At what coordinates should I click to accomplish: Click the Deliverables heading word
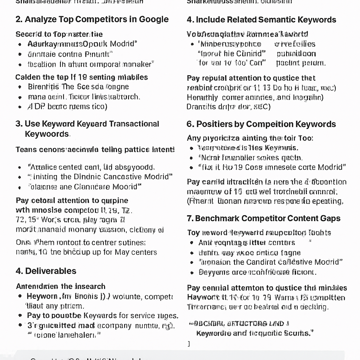coord(51,271)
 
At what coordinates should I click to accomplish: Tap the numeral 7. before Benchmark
coord(190,218)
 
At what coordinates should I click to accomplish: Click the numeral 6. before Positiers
coord(190,124)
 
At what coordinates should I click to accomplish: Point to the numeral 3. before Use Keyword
coord(19,124)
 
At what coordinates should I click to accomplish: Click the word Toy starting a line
coord(193,233)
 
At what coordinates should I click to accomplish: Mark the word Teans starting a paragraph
coord(26,150)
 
